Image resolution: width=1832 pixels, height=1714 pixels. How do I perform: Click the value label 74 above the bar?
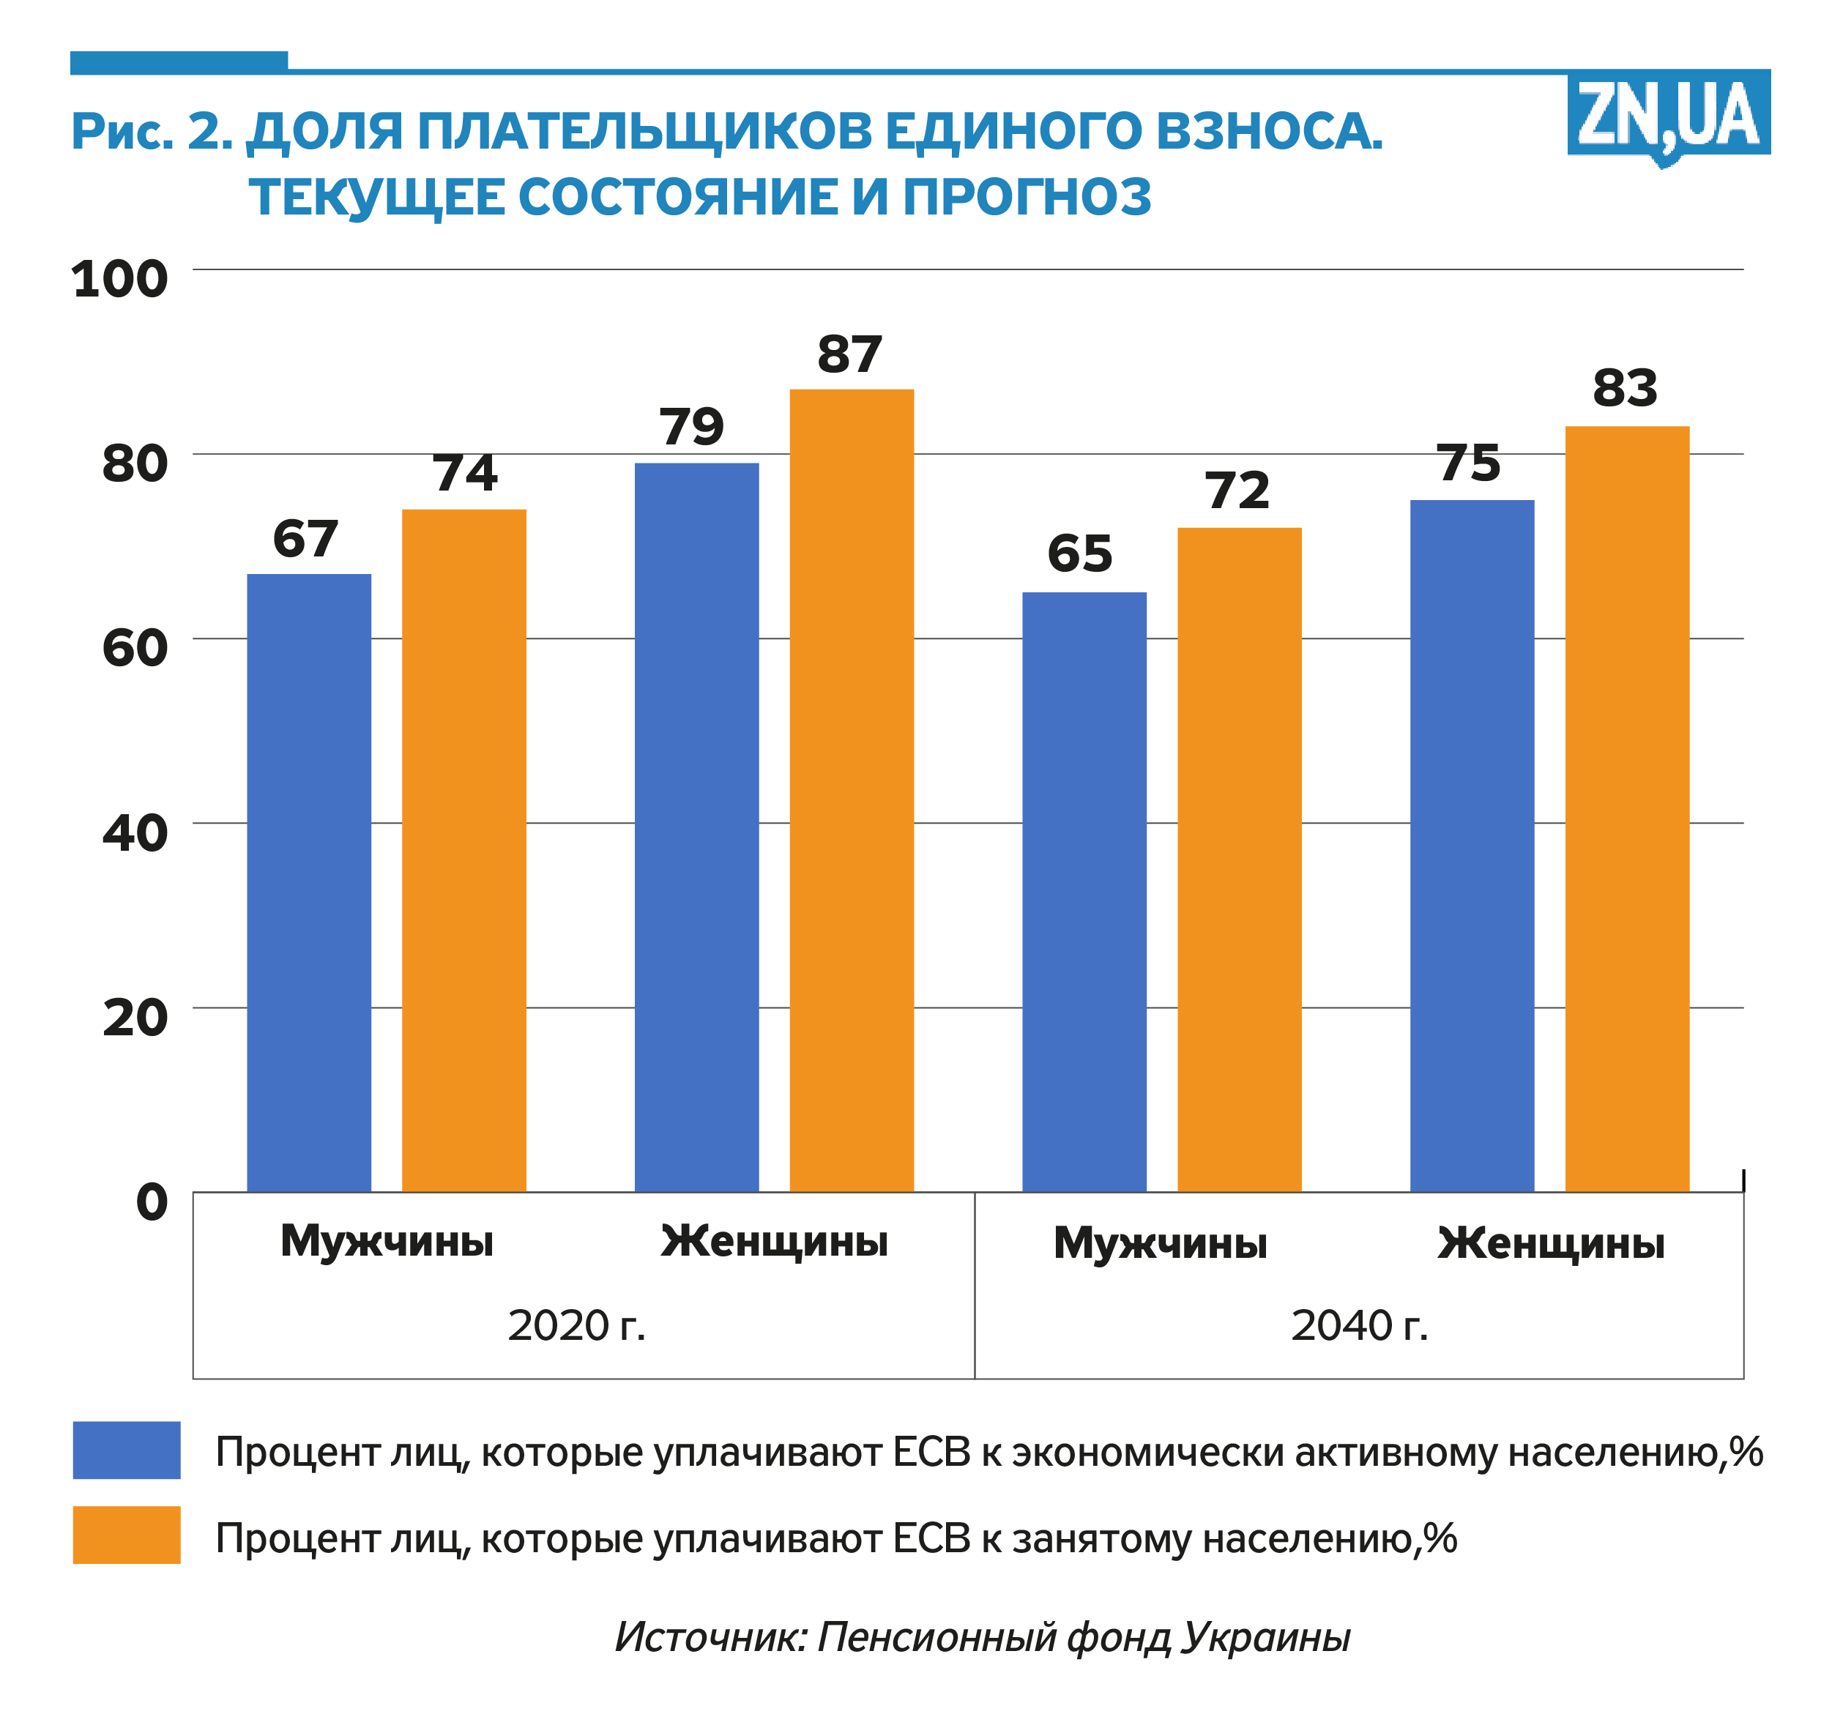pos(466,474)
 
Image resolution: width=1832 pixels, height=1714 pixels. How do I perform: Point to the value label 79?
pos(691,427)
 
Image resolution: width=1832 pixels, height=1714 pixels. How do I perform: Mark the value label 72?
pos(1237,491)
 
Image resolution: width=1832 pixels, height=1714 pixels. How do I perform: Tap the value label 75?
pos(1469,463)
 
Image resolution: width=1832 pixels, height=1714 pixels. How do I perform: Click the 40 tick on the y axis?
pos(135,833)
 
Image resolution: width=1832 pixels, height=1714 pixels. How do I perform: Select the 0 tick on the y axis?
pos(152,1201)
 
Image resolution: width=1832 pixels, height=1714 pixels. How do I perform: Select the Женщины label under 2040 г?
pos(1551,1243)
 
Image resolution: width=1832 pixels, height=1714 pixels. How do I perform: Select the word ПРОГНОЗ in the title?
pos(1027,196)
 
